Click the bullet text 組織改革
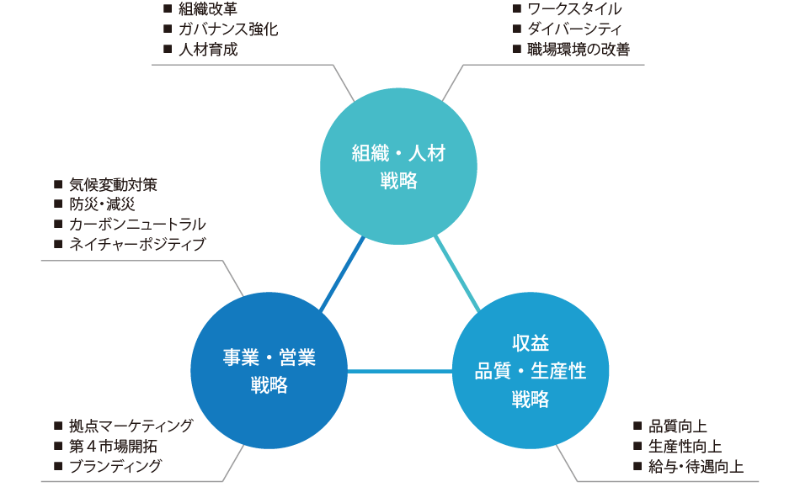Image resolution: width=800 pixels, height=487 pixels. pyautogui.click(x=208, y=9)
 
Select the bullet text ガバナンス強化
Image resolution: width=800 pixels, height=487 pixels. pyautogui.click(x=228, y=29)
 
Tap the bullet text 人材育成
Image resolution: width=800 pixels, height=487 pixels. pyautogui.click(x=208, y=50)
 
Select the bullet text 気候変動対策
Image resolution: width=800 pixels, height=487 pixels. pyautogui.click(x=114, y=184)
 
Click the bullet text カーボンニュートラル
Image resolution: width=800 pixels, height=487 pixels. pyautogui.click(x=137, y=225)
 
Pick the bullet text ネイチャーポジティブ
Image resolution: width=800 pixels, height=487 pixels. pyautogui.click(x=137, y=245)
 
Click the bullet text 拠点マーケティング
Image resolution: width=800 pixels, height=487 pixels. pyautogui.click(x=131, y=426)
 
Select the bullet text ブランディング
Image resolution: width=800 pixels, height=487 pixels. pyautogui.click(x=116, y=466)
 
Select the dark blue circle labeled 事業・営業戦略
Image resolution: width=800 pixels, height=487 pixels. pyautogui.click(x=269, y=371)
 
